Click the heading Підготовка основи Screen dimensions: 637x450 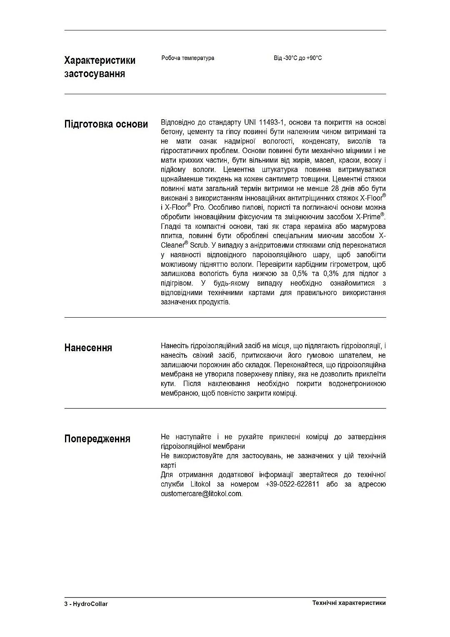coord(106,124)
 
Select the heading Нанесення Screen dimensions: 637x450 coord(88,348)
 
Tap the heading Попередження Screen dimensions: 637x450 coord(97,439)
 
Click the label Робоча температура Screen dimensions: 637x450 coord(187,58)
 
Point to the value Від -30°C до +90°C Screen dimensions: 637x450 coord(297,58)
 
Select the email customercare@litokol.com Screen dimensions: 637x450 coord(201,494)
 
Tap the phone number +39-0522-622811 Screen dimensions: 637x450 coord(292,484)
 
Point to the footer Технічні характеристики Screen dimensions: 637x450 coord(349,603)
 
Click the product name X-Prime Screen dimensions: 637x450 coord(368,217)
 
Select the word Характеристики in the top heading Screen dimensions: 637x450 coord(100,60)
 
